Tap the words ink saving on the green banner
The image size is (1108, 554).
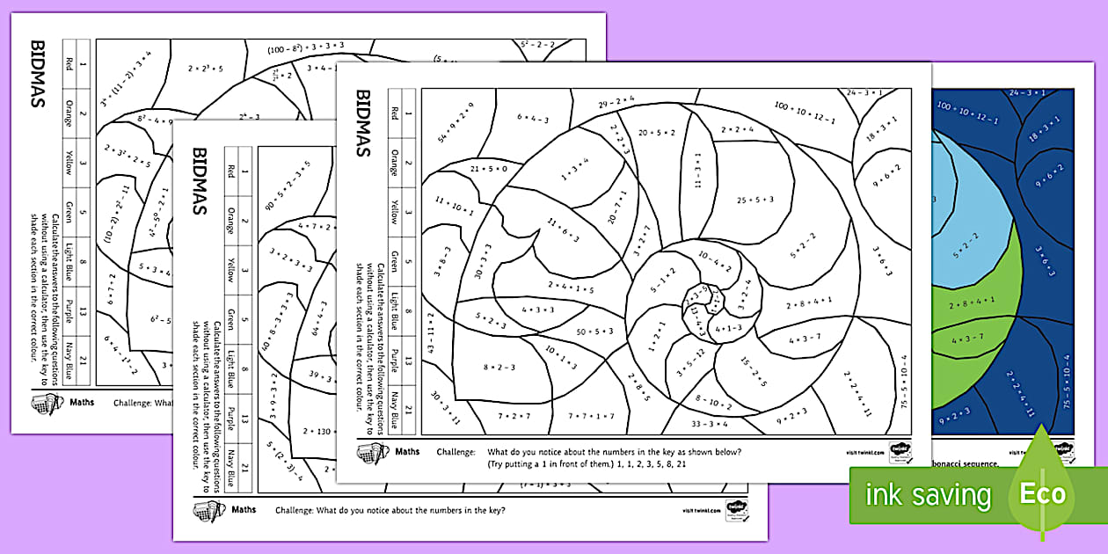pos(927,494)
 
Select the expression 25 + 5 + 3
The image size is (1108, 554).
pos(754,200)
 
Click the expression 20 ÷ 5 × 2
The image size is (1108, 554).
pos(657,133)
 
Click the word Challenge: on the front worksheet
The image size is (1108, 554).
pos(456,452)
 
